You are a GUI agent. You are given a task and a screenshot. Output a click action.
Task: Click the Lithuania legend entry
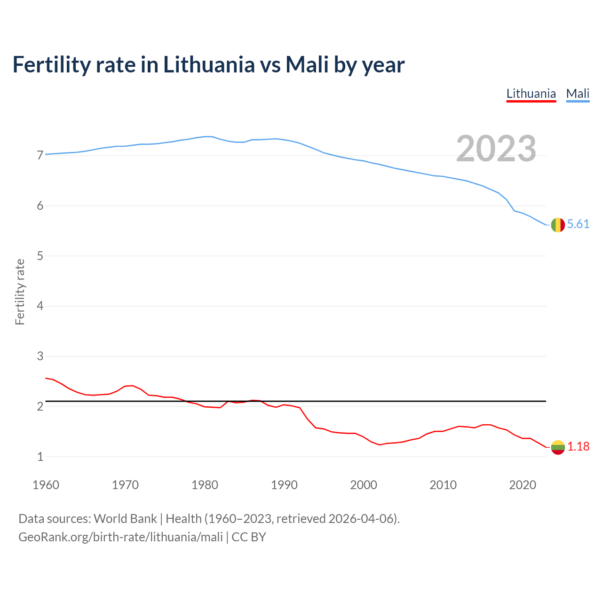click(x=531, y=94)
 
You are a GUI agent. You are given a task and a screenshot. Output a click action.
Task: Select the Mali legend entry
click(x=578, y=94)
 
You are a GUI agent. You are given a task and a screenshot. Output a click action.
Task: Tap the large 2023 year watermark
click(x=496, y=149)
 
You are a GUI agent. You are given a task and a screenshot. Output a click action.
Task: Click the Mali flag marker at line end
click(x=558, y=225)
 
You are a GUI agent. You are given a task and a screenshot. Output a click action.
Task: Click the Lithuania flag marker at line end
click(x=558, y=447)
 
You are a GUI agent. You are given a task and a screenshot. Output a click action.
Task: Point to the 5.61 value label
click(x=578, y=224)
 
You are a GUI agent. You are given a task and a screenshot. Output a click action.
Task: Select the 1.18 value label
click(x=578, y=447)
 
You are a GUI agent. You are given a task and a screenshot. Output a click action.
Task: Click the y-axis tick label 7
click(x=40, y=156)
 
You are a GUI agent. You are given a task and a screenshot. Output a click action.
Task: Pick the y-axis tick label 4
click(x=40, y=306)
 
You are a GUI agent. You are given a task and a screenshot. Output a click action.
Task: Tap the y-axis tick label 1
click(x=40, y=457)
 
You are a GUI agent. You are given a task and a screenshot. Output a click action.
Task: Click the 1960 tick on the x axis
click(x=46, y=485)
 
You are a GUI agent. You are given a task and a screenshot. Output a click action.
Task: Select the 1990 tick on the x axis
click(x=284, y=485)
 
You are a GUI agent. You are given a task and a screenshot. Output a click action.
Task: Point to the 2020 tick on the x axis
click(x=523, y=485)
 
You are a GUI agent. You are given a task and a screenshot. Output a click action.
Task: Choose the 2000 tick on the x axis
click(x=364, y=485)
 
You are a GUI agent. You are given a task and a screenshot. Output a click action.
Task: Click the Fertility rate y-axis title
click(x=20, y=292)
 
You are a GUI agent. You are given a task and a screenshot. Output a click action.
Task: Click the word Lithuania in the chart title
click(x=209, y=64)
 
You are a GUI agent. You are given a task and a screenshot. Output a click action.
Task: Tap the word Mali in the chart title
click(x=307, y=64)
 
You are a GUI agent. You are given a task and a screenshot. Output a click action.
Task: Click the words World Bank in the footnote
click(x=125, y=519)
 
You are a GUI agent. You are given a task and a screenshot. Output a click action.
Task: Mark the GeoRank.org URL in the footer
click(x=120, y=537)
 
